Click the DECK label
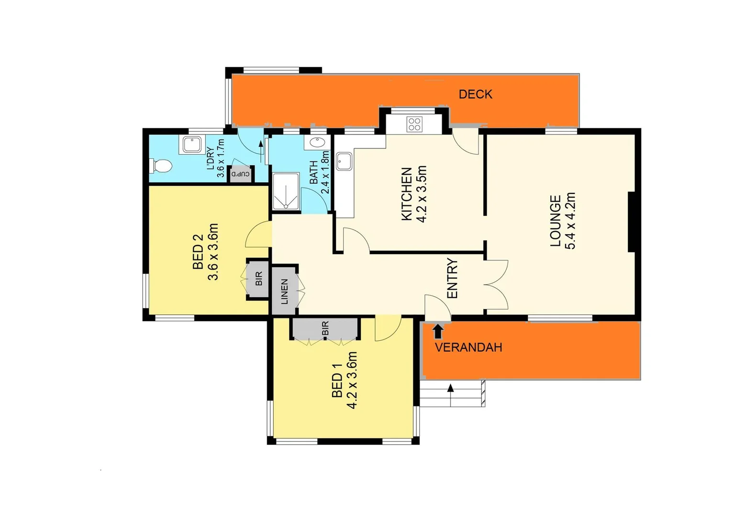click(x=475, y=94)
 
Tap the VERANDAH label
click(x=468, y=347)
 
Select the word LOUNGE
click(x=555, y=221)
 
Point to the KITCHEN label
click(x=406, y=194)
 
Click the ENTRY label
click(x=452, y=278)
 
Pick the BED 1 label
click(x=337, y=380)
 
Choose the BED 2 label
click(x=198, y=251)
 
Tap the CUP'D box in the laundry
click(x=241, y=174)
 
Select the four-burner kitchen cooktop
click(x=414, y=124)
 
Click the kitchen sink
click(x=344, y=161)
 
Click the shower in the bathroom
click(x=286, y=191)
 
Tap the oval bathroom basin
click(x=316, y=142)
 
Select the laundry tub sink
click(x=192, y=144)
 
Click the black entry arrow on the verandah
click(x=437, y=331)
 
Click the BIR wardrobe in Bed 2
click(x=258, y=279)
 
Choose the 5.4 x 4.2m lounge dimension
click(x=570, y=221)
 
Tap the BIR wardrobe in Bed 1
click(x=325, y=328)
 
